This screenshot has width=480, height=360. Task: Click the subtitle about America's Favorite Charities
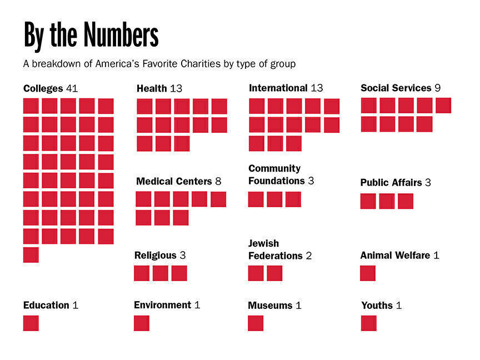(x=159, y=64)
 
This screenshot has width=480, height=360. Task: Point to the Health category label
(x=152, y=88)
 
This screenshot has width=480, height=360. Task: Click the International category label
(x=278, y=88)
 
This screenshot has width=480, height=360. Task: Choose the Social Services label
(x=396, y=88)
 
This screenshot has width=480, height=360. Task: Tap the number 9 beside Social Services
(x=438, y=88)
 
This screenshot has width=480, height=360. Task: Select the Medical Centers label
(x=174, y=181)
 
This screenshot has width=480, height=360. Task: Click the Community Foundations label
(x=276, y=174)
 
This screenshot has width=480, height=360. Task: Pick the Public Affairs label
(x=391, y=182)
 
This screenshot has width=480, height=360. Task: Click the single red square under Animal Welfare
(x=368, y=273)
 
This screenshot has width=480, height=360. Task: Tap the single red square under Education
(x=31, y=323)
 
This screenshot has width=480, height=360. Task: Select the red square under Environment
(x=142, y=323)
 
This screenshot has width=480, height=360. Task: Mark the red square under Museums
(x=256, y=323)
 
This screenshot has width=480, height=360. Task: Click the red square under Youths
(x=369, y=323)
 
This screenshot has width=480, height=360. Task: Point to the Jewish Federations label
(x=275, y=250)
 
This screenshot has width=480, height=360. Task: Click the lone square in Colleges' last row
(x=31, y=255)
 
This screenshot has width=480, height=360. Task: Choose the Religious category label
(x=155, y=256)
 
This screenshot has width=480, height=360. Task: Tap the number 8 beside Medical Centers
(x=218, y=181)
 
